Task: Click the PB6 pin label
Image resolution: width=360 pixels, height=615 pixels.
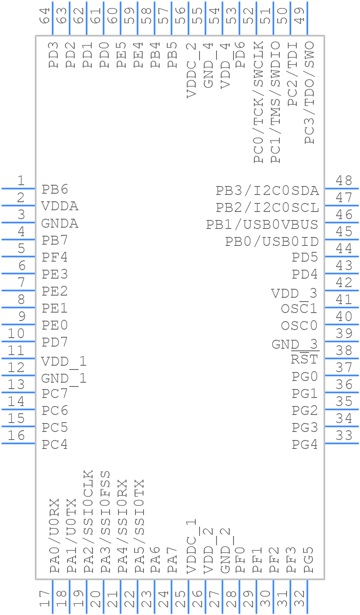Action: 55,189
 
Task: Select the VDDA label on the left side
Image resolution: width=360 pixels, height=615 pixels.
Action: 60,206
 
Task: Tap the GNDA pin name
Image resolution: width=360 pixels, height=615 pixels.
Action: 60,223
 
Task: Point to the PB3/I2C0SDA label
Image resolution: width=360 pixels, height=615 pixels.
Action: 267,191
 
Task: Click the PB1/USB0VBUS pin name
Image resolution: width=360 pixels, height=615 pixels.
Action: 262,225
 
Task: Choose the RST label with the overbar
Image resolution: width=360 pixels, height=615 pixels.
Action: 304,359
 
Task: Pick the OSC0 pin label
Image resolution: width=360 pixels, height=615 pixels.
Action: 299,326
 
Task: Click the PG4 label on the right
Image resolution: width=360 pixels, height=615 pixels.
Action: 305,445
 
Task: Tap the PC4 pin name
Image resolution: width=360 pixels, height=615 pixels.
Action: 55,445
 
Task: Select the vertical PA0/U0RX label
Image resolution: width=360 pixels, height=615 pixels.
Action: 54,536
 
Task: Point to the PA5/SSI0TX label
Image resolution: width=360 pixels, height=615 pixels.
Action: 139,526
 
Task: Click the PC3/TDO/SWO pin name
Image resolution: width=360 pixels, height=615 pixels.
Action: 309,93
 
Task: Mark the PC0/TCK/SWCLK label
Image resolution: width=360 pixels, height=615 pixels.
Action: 259,102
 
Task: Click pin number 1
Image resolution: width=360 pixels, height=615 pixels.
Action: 21,181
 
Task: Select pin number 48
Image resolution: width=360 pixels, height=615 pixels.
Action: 344,181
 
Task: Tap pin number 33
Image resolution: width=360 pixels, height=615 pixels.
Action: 344,435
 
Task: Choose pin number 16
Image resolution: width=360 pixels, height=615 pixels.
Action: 17,435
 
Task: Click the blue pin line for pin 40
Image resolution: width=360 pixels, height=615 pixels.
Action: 341,324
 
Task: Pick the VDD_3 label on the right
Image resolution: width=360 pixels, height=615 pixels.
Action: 294,293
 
